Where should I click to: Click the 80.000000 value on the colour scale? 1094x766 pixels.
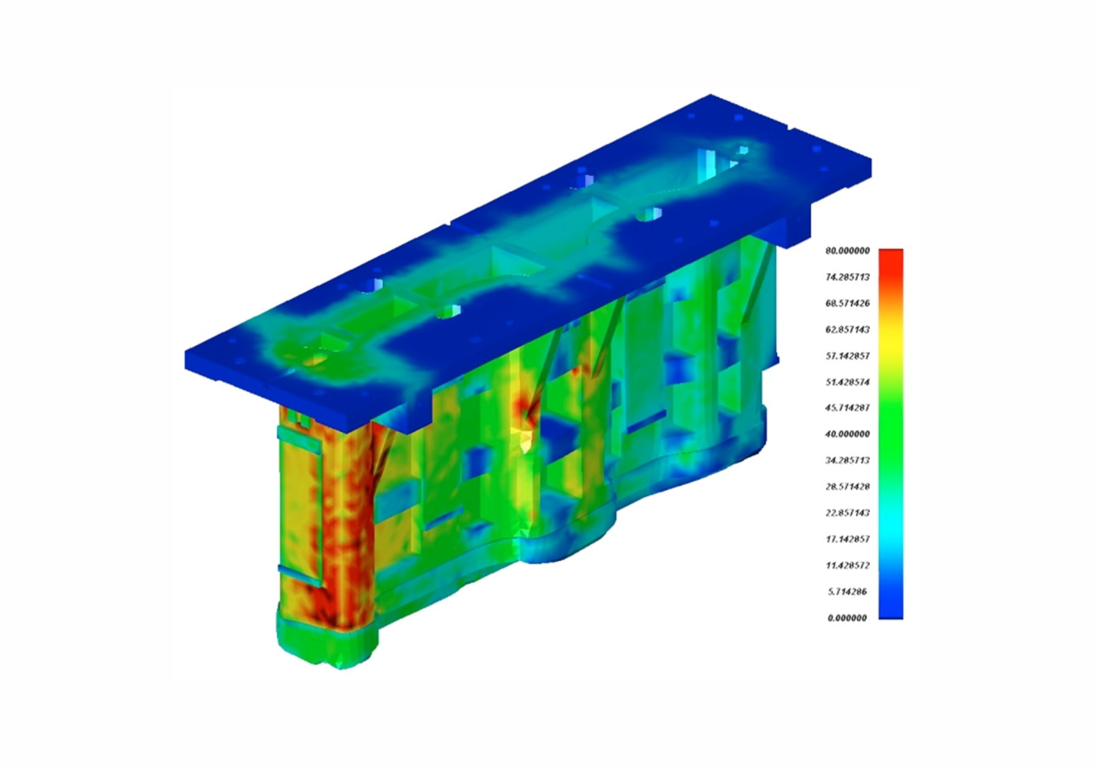pyautogui.click(x=848, y=251)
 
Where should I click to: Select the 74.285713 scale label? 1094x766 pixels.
pyautogui.click(x=848, y=277)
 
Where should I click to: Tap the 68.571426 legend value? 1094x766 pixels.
pyautogui.click(x=848, y=303)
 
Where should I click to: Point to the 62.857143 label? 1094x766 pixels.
pyautogui.click(x=848, y=329)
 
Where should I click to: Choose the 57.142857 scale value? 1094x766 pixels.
pyautogui.click(x=848, y=356)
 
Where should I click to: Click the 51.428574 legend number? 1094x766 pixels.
pyautogui.click(x=848, y=382)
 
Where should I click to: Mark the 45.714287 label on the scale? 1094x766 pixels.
pyautogui.click(x=848, y=408)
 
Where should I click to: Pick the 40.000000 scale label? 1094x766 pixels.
pyautogui.click(x=848, y=434)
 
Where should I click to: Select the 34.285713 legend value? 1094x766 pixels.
pyautogui.click(x=848, y=460)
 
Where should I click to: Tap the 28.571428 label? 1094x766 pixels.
pyautogui.click(x=848, y=487)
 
